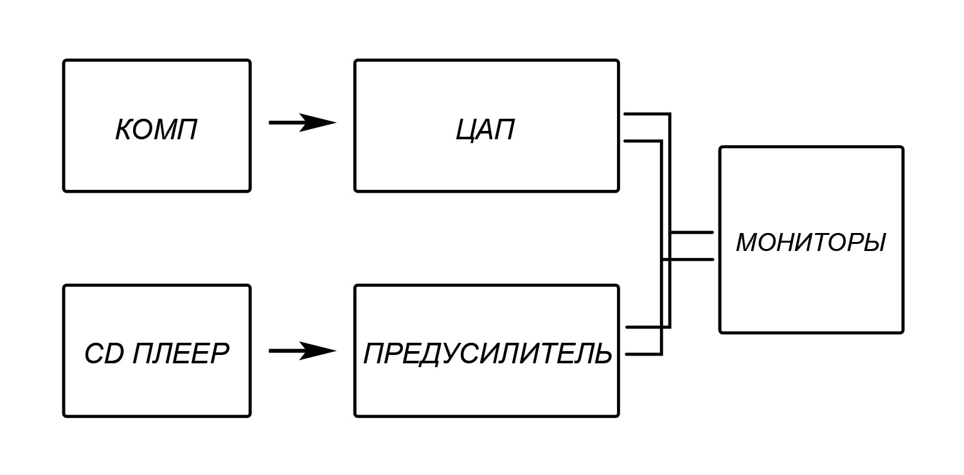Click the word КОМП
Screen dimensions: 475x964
pos(156,130)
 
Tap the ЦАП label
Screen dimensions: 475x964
pos(485,130)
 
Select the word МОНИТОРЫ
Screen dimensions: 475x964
pos(810,243)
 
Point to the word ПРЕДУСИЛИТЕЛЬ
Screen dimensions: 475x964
pos(487,354)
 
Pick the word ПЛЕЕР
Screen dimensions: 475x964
pos(181,354)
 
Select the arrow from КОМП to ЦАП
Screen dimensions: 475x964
pos(301,122)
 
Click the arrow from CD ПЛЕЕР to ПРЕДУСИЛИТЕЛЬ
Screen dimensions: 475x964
pos(301,350)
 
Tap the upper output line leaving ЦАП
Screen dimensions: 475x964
pos(646,114)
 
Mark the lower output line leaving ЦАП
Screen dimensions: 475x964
pos(643,141)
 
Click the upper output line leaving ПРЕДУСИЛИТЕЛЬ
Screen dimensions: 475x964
pos(646,327)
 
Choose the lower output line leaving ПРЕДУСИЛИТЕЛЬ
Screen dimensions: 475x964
pos(643,354)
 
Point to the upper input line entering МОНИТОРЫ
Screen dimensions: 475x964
pos(692,232)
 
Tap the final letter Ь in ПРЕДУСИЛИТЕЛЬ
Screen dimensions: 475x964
pos(602,354)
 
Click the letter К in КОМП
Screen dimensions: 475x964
pos(125,130)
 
